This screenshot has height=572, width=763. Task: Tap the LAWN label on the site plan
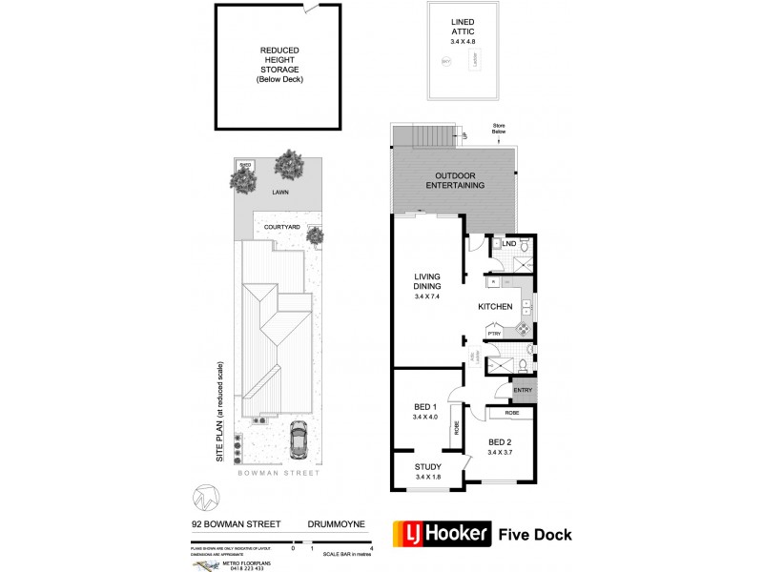point(279,192)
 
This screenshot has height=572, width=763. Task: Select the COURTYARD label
point(282,227)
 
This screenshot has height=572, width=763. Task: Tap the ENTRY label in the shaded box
point(523,389)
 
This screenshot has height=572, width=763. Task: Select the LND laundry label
point(509,245)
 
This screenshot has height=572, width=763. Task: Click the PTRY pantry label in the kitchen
point(494,334)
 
